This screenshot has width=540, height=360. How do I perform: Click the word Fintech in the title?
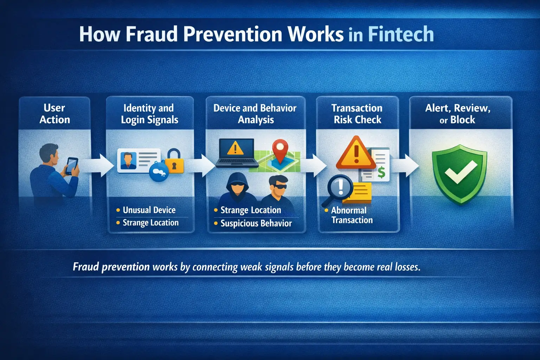401,34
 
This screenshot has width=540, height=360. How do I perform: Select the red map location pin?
280,150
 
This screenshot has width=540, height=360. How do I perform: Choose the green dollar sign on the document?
381,172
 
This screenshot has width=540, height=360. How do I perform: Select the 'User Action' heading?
54,114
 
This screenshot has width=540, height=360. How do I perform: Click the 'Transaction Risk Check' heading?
357,114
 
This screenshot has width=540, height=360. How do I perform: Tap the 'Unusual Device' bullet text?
149,210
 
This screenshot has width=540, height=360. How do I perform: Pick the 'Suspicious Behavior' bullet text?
256,223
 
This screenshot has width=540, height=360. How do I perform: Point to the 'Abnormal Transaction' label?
352,215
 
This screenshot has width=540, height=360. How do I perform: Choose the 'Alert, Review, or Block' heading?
457,114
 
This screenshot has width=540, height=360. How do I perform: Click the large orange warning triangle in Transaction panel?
356,153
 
